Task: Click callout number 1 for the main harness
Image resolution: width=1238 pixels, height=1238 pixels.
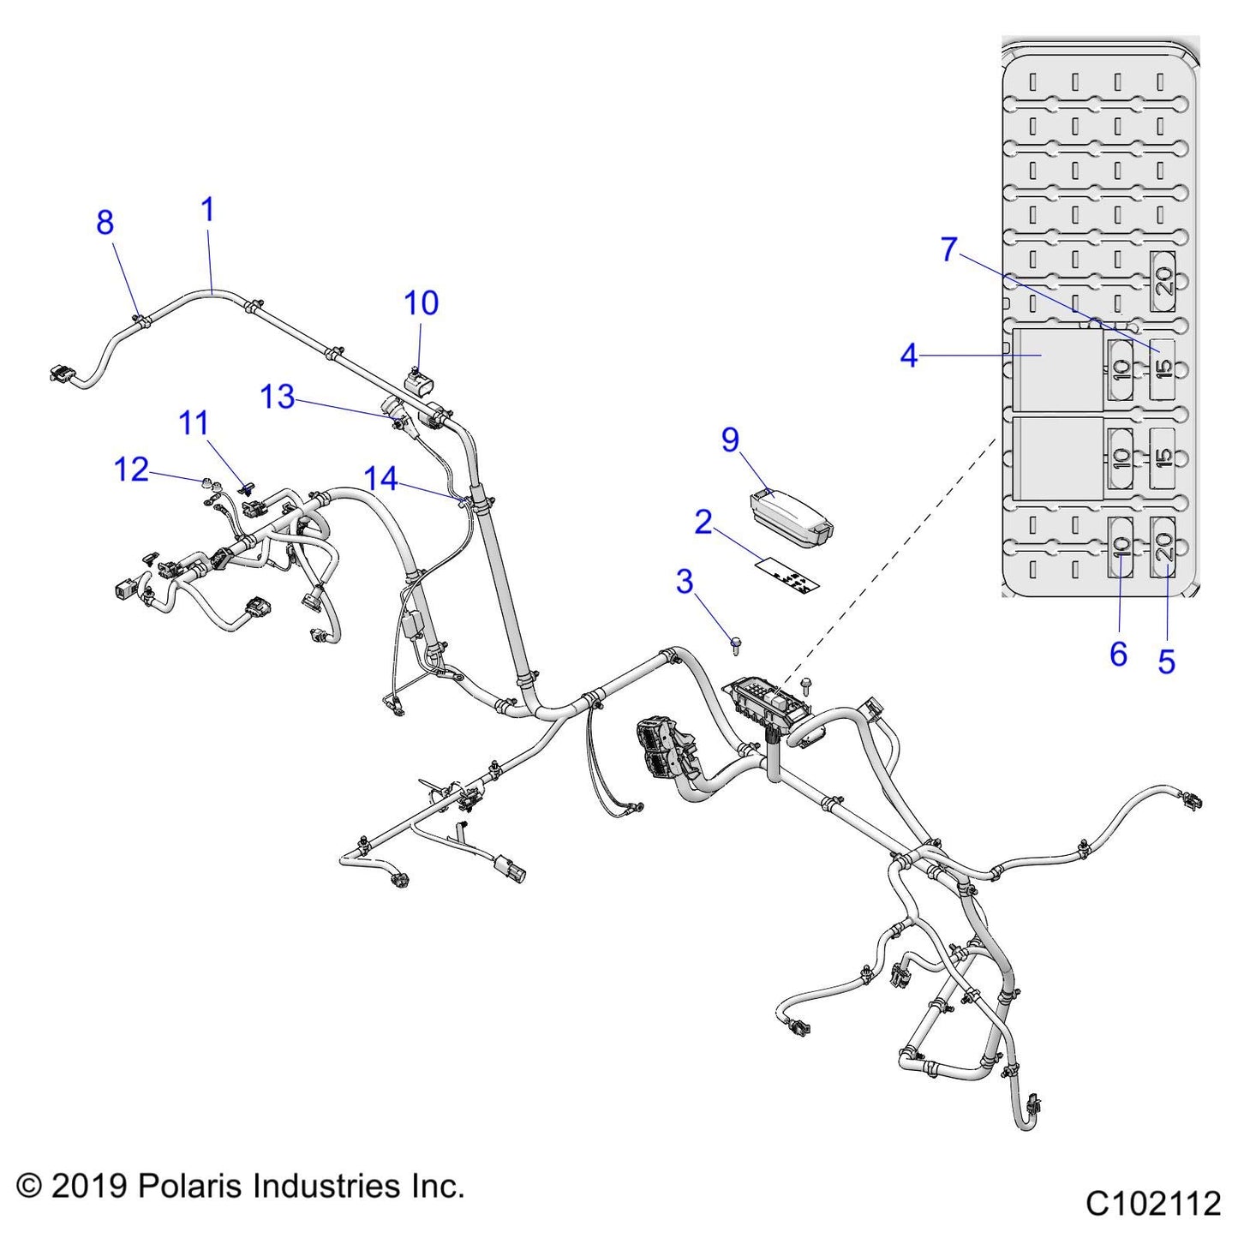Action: (207, 210)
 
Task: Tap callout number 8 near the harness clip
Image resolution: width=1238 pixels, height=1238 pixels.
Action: (105, 223)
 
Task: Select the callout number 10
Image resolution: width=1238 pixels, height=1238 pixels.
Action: (421, 303)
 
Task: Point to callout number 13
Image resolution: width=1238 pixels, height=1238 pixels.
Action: (278, 398)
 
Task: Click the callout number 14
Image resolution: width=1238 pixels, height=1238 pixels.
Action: (380, 479)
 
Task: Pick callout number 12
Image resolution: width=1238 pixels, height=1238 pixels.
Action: (132, 469)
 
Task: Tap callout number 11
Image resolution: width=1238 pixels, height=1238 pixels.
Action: (194, 423)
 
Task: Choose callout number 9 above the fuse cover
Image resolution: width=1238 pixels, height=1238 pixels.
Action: (730, 440)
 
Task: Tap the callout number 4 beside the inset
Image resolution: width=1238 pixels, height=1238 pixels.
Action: (909, 356)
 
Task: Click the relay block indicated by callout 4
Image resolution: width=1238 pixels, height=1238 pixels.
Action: (1057, 369)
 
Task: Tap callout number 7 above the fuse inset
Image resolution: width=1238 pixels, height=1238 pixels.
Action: (948, 250)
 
